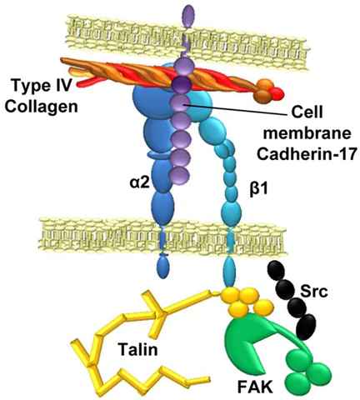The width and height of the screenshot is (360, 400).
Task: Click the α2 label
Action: pos(140,183)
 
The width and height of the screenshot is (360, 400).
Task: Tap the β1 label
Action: pos(258,190)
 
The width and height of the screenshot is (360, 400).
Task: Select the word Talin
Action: pos(138,349)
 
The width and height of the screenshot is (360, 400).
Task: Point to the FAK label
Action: pos(255,387)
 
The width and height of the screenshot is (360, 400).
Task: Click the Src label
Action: pos(314,292)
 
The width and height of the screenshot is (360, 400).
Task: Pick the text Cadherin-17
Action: pos(307,153)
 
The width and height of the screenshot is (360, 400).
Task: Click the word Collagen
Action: pos(41,107)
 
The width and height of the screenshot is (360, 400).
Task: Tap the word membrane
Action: pos(307,133)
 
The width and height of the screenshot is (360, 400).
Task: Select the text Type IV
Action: pos(42,85)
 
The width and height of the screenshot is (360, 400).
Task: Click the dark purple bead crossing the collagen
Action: pos(182,83)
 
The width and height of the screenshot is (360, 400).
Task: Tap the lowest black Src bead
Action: pos(306,327)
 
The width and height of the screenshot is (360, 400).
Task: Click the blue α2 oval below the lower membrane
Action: pos(162,267)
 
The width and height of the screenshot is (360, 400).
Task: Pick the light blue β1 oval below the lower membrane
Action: pos(229,272)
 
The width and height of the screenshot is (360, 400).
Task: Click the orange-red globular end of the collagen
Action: pos(268,91)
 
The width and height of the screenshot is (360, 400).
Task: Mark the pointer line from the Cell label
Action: pos(236,109)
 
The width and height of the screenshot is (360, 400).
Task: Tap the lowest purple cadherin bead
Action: pos(180,175)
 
